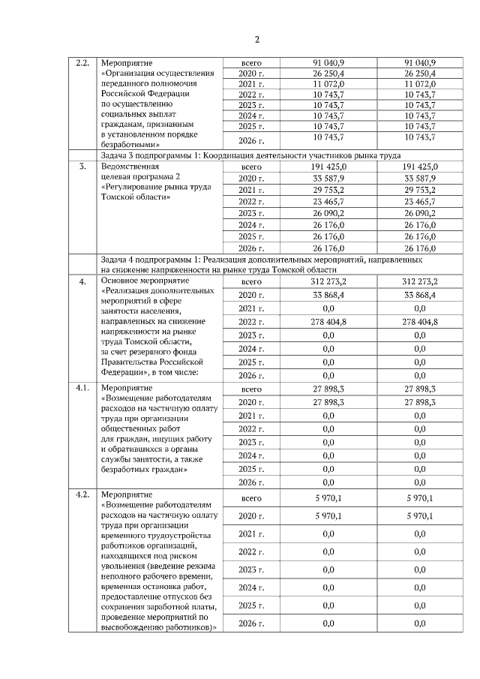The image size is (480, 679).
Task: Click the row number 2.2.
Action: (83, 62)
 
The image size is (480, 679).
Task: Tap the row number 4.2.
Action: (83, 495)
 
